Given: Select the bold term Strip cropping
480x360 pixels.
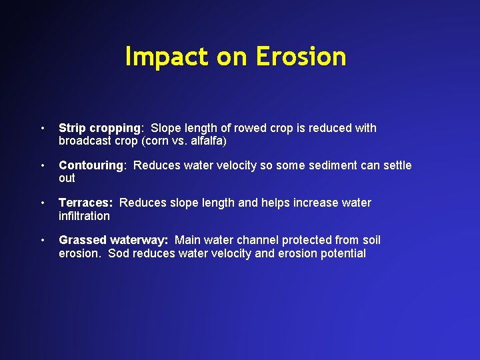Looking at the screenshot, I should pyautogui.click(x=100, y=128).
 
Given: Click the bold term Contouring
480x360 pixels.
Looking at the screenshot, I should pyautogui.click(x=91, y=165).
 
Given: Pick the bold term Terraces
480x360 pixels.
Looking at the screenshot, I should pyautogui.click(x=85, y=203).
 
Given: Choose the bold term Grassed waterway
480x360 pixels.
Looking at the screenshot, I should pyautogui.click(x=113, y=240).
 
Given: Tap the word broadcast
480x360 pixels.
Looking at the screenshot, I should pyautogui.click(x=83, y=141).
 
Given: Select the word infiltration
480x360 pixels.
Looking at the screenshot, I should pyautogui.click(x=84, y=216).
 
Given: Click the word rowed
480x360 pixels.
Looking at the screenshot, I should pyautogui.click(x=251, y=128).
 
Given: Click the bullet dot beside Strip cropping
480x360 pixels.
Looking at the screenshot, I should pyautogui.click(x=41, y=128).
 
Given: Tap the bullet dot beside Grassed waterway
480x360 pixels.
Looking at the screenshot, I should pyautogui.click(x=41, y=240).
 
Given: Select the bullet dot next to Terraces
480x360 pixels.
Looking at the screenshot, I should pyautogui.click(x=41, y=203).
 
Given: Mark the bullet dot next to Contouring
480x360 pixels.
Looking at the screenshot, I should pyautogui.click(x=41, y=165).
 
